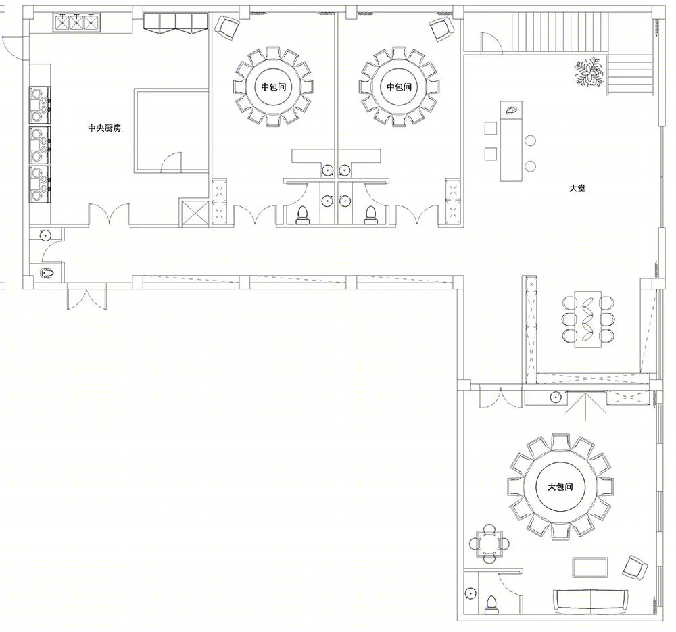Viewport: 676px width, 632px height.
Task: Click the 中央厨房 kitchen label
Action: point(105,128)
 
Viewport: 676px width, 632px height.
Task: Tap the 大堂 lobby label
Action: point(578,189)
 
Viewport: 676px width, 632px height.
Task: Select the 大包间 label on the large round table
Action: point(560,487)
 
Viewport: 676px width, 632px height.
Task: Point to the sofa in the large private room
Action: point(590,602)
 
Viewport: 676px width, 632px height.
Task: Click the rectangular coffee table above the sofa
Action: point(590,567)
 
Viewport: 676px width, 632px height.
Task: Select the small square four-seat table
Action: point(489,543)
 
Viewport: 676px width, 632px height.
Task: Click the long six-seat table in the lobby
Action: point(588,319)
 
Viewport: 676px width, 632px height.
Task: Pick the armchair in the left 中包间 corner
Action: point(226,28)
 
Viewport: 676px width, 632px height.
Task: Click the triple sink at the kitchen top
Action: point(76,22)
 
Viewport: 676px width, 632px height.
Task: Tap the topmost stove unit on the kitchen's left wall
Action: point(40,105)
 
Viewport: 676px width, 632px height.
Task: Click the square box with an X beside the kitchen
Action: point(193,213)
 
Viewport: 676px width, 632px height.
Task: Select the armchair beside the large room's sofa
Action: point(635,567)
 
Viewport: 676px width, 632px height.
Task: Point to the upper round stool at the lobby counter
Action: point(530,141)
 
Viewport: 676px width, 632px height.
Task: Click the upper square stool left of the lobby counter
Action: point(491,128)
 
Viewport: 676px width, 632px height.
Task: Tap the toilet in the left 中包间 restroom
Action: point(303,215)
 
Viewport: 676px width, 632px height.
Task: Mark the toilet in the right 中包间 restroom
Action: point(370,215)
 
